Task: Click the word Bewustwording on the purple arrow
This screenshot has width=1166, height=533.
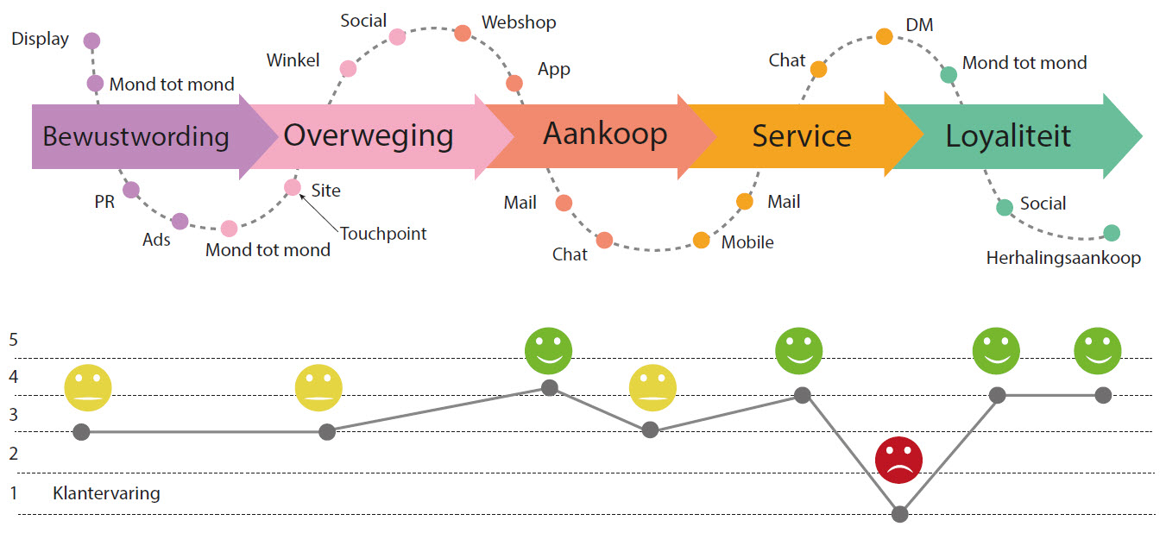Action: point(136,136)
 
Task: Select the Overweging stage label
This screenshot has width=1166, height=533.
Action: point(369,135)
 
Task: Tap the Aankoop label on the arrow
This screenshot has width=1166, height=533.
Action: point(604,134)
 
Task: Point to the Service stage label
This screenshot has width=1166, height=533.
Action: point(802,136)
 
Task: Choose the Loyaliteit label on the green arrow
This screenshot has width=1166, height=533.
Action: point(1008,136)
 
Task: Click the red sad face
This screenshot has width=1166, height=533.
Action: point(899,461)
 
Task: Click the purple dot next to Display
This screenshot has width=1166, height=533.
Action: point(91,41)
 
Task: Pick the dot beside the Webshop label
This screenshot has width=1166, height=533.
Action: point(463,34)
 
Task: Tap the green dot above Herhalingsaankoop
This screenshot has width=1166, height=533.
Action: point(1112,233)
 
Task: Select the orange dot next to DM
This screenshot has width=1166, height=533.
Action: point(885,36)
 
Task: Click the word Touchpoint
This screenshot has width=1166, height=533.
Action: point(383,234)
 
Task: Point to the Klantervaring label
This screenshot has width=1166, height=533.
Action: point(106,494)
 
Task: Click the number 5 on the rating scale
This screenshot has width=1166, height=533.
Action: point(14,339)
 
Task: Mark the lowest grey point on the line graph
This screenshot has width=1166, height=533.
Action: point(900,514)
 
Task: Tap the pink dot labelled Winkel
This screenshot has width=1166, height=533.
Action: point(348,69)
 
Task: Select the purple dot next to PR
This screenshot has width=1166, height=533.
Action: point(131,190)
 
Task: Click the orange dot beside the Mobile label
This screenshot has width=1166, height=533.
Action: point(701,241)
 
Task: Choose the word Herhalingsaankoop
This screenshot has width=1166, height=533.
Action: point(1063,258)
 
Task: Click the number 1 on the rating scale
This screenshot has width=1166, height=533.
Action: point(14,493)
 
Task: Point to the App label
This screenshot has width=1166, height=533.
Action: point(553,69)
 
